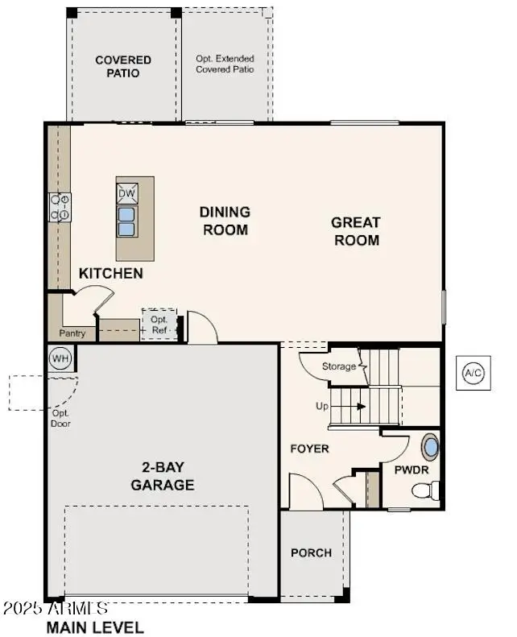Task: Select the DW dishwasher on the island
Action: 127,193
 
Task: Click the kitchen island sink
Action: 127,221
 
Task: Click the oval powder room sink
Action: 431,448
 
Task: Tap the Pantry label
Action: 72,333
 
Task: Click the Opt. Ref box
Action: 158,324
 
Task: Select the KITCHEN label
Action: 111,274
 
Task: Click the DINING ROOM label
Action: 225,221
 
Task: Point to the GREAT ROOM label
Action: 357,231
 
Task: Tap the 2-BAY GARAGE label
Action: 163,476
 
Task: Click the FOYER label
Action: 310,449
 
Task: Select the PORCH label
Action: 311,552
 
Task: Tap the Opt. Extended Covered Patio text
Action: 225,64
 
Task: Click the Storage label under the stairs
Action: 339,366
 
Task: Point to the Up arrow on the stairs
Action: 351,407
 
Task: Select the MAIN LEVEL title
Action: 95,627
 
